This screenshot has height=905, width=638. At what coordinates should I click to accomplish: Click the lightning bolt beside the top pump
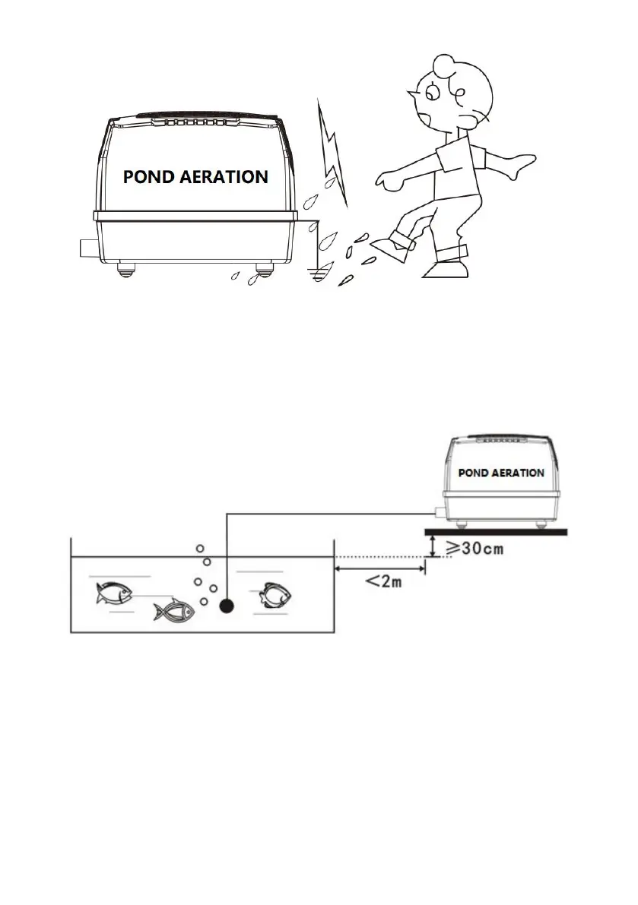coord(332,152)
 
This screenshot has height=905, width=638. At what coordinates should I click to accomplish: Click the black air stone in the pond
coord(226,606)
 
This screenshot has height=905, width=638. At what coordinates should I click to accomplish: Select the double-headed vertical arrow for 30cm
coord(432,546)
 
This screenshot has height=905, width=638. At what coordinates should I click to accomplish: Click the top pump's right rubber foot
coord(265,269)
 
